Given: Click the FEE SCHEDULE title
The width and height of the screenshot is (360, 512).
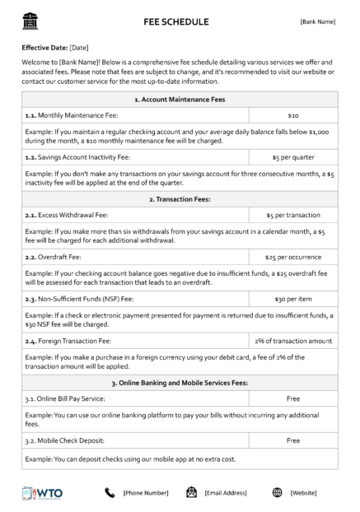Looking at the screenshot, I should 175,21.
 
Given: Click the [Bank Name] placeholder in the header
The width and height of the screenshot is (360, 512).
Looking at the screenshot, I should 317,21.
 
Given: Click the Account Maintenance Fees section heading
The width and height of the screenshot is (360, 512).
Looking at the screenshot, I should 180,99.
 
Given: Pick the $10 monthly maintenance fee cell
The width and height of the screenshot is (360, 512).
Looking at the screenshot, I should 293,116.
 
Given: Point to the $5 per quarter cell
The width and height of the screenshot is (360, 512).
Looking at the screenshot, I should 293,156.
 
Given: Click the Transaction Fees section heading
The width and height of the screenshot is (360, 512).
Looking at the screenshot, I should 180,198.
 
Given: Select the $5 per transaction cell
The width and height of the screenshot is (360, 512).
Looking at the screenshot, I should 293,216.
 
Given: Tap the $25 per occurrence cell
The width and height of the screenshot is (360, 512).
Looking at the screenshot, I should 293,256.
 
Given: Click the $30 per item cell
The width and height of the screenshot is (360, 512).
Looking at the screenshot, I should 293,300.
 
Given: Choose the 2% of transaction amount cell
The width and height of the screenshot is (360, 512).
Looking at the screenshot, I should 293,339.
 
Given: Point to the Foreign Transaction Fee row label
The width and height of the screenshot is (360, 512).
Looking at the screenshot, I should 68,339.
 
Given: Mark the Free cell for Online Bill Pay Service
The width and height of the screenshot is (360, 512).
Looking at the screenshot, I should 293,398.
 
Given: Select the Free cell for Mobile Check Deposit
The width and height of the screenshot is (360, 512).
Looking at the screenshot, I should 293,440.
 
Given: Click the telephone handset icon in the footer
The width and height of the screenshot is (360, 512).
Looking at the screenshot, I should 110,492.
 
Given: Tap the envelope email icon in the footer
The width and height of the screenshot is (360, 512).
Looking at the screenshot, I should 191,492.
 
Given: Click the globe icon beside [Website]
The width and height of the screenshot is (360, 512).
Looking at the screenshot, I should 278,492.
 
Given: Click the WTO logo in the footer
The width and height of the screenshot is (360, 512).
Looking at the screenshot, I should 43,492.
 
